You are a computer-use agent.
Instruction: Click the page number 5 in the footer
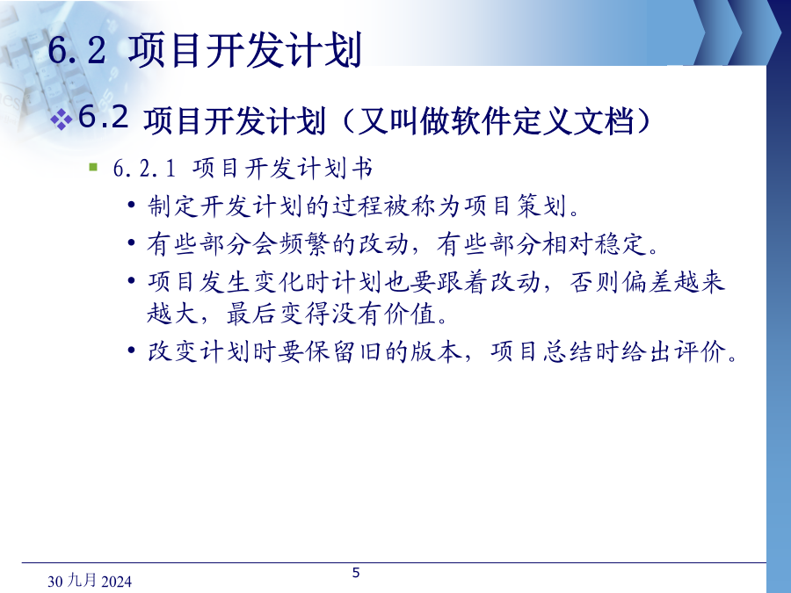pyautogui.click(x=356, y=572)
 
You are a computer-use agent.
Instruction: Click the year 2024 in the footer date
pyautogui.click(x=117, y=582)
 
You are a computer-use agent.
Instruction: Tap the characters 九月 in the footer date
pyautogui.click(x=83, y=581)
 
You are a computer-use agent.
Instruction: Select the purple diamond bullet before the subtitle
pyautogui.click(x=61, y=120)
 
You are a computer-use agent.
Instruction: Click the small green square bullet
pyautogui.click(x=93, y=167)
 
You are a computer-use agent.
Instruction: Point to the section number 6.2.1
pyautogui.click(x=144, y=169)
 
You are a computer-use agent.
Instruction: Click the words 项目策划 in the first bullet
pyautogui.click(x=515, y=206)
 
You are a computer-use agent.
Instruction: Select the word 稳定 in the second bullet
pyautogui.click(x=620, y=244)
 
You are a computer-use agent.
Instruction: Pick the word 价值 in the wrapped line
pyautogui.click(x=410, y=315)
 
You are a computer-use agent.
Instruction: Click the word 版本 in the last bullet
pyautogui.click(x=436, y=351)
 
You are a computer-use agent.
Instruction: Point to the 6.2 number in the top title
pyautogui.click(x=77, y=50)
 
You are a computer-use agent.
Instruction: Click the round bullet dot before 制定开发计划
pyautogui.click(x=131, y=206)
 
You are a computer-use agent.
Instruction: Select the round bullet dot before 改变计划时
pyautogui.click(x=131, y=351)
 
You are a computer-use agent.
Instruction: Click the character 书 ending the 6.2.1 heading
pyautogui.click(x=362, y=169)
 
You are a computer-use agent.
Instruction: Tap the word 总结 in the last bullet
pyautogui.click(x=569, y=351)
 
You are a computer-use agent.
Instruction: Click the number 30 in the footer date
pyautogui.click(x=55, y=582)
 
